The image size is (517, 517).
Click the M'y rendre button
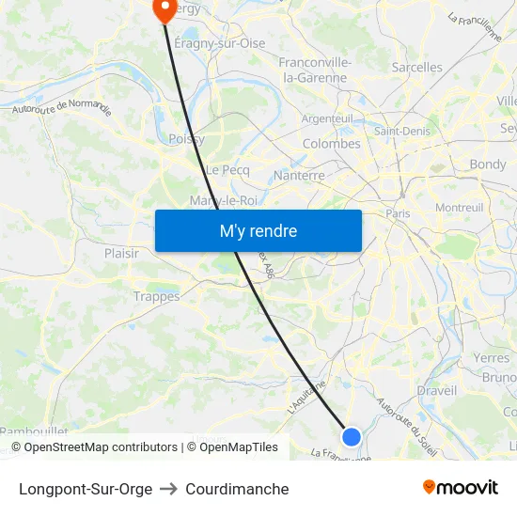258,230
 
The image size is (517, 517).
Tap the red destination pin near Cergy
164,9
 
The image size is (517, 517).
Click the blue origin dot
352,436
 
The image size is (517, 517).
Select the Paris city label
398,213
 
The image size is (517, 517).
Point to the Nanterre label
299,175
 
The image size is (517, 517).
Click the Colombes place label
331,144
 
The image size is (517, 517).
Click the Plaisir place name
121,253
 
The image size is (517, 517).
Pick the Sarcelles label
416,68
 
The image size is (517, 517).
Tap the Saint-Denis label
402,131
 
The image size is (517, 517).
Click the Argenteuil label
328,118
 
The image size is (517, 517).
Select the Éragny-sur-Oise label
220,43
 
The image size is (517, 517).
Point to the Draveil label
436,390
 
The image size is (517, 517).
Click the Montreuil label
460,207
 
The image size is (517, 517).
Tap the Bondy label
488,164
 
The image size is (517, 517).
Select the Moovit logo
461,488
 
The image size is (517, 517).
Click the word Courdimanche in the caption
237,489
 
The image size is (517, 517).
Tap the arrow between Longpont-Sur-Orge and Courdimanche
168,489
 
